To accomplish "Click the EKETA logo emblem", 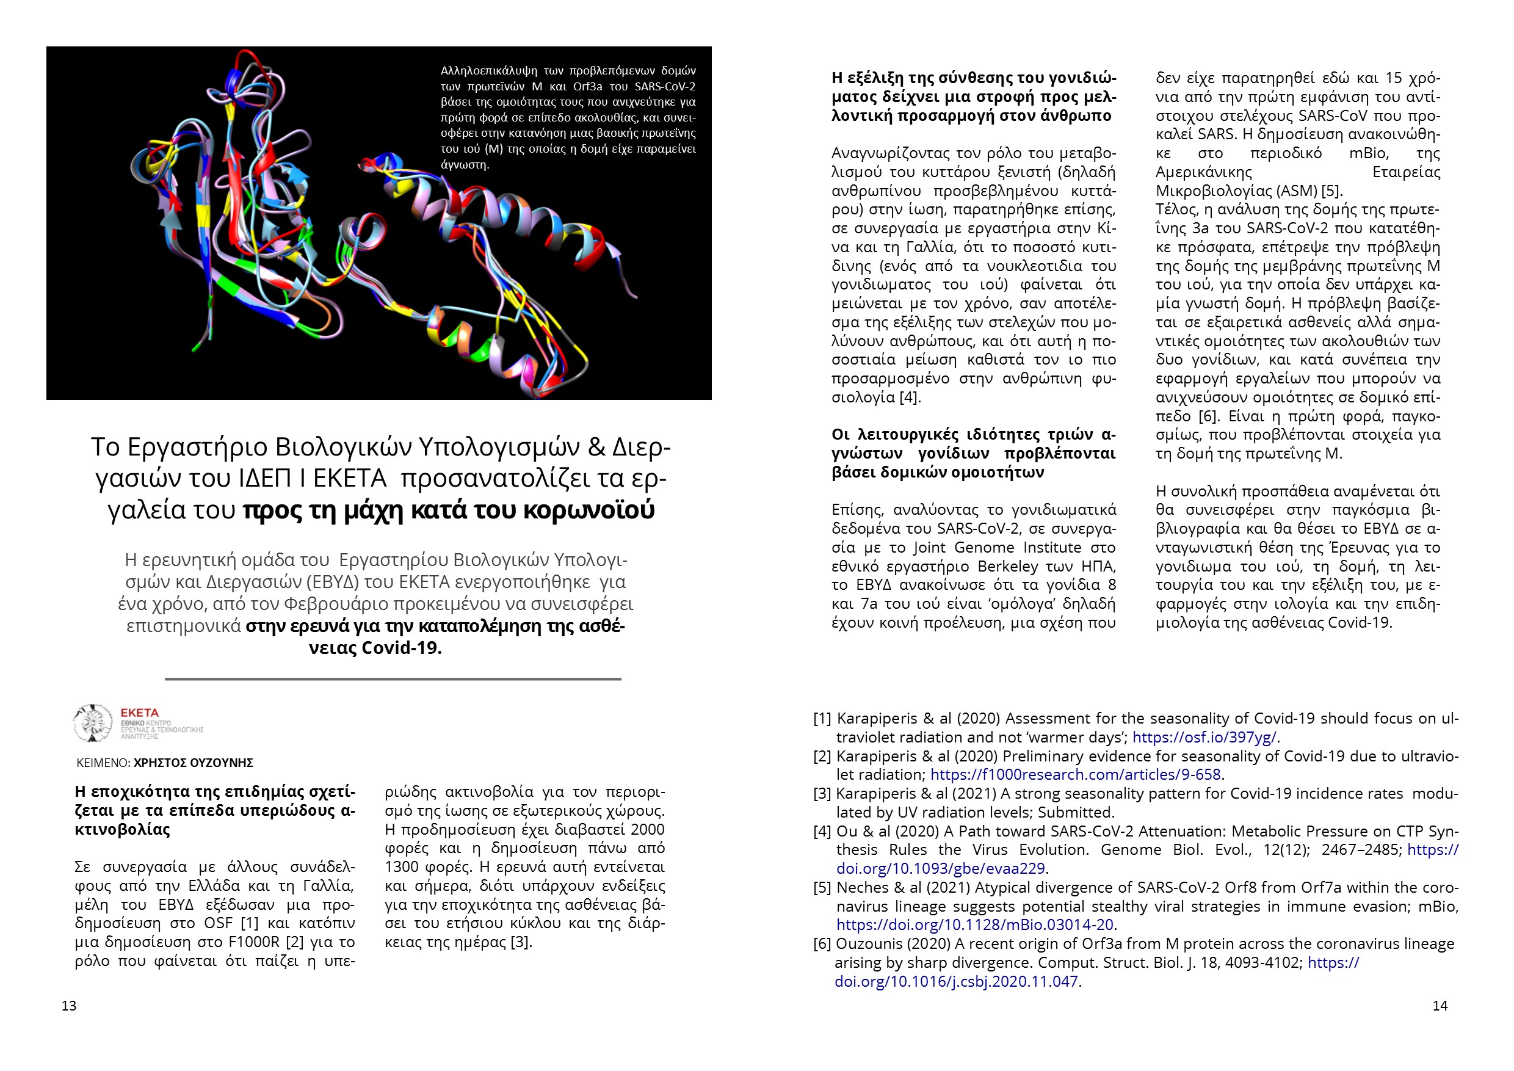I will (92, 723).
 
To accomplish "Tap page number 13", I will (69, 1006).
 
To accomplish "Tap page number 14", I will (1440, 1006).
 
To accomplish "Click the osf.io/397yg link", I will (1204, 737).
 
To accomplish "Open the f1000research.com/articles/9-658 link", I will (1076, 774).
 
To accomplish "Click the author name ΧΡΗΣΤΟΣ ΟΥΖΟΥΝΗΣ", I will (193, 763).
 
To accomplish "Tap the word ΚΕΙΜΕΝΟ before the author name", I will (102, 763).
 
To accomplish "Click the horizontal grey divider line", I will (393, 678).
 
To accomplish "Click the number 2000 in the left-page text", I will (648, 830).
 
